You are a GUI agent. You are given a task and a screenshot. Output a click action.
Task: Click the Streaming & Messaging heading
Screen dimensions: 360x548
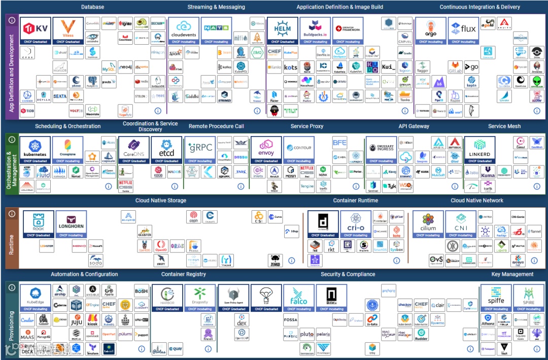click(216, 7)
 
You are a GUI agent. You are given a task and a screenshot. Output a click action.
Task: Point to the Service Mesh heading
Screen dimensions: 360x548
click(503, 126)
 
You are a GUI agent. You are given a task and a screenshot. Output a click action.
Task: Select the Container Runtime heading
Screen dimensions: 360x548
click(355, 201)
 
